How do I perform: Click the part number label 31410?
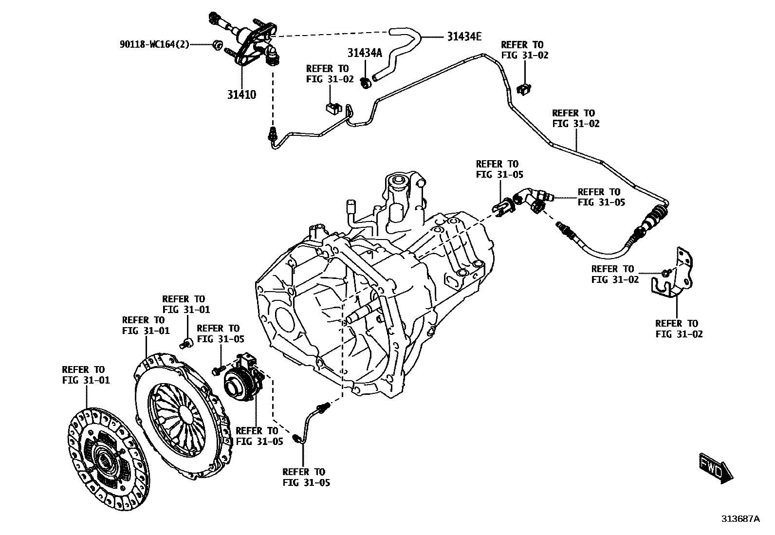tap(241, 94)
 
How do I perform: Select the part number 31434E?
tap(464, 37)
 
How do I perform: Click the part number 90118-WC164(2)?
tap(154, 44)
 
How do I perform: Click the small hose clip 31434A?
tap(366, 83)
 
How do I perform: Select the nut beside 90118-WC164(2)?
tap(217, 45)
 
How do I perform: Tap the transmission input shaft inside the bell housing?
tap(360, 314)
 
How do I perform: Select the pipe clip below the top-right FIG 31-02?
tap(524, 89)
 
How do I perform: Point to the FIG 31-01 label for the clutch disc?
tap(86, 375)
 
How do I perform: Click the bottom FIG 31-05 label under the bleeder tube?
tap(306, 477)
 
